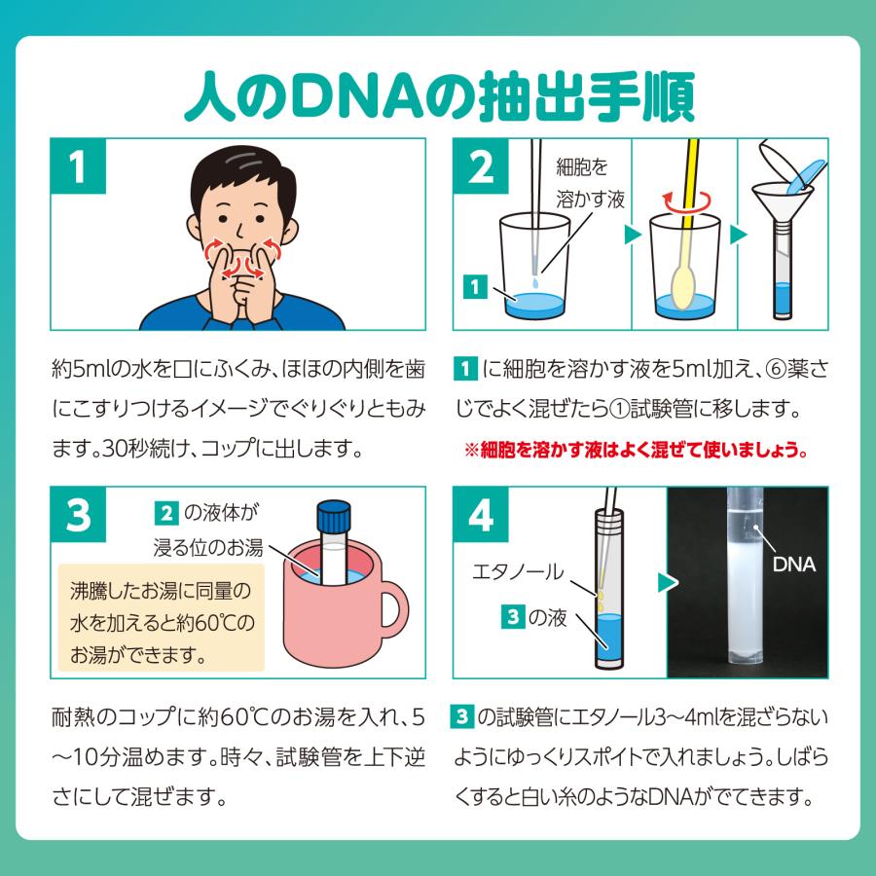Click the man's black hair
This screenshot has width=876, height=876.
click(x=237, y=167)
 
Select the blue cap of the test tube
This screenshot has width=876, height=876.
click(x=333, y=512)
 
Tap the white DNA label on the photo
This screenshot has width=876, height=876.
click(x=792, y=564)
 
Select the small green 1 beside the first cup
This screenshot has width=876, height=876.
click(x=475, y=287)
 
